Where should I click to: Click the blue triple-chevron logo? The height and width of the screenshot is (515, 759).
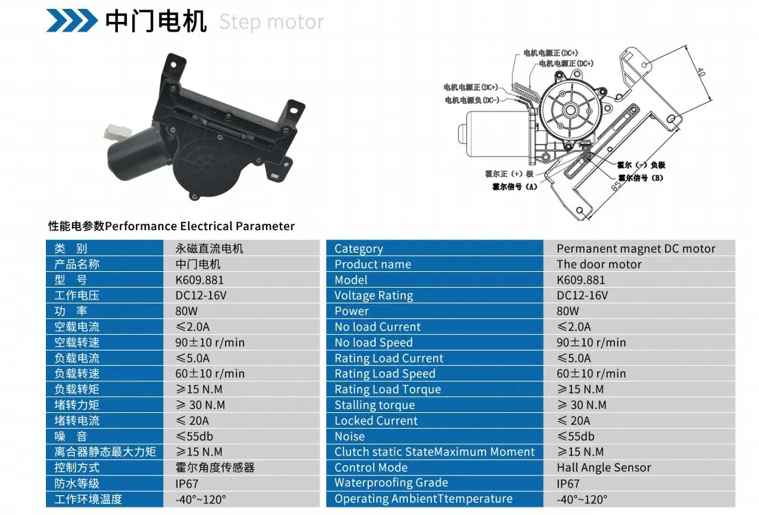(x=71, y=21)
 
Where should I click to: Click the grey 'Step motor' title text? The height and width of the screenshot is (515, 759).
(x=272, y=22)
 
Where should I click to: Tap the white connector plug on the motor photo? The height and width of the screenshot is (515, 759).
(x=117, y=131)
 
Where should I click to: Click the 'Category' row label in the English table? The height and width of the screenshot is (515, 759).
(x=359, y=249)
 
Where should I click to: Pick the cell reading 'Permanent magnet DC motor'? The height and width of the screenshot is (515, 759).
(x=636, y=249)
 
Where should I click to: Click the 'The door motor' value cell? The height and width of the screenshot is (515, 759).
(x=599, y=264)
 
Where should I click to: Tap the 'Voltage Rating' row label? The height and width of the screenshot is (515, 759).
(x=374, y=295)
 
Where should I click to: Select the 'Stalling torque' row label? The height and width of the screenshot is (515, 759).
(x=374, y=405)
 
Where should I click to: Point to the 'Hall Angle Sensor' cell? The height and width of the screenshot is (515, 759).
(x=603, y=468)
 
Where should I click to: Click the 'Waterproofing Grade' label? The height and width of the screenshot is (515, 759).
(x=391, y=483)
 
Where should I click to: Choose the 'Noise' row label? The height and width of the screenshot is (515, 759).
(x=350, y=436)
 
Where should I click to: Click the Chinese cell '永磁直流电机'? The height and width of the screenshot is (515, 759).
(x=209, y=249)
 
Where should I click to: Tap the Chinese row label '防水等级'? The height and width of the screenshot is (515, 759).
(x=77, y=483)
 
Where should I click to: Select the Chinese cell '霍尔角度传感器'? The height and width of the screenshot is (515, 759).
(x=215, y=468)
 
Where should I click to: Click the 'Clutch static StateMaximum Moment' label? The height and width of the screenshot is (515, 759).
(x=435, y=452)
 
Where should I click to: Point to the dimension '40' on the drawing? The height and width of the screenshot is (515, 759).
(x=701, y=72)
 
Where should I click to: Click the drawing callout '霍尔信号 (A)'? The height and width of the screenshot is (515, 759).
(x=514, y=187)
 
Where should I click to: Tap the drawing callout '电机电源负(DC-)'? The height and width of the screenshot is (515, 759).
(x=472, y=100)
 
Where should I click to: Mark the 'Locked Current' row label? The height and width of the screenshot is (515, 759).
(x=376, y=420)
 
